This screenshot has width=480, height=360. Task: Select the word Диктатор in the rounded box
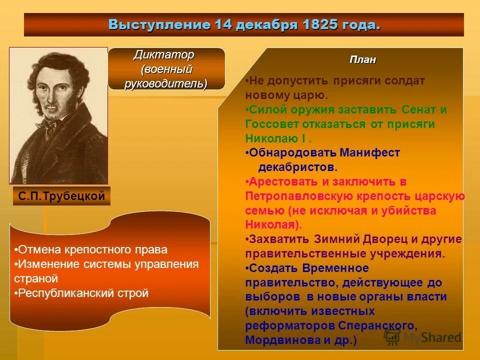click(x=163, y=54)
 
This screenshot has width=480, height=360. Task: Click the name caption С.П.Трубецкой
click(x=61, y=196)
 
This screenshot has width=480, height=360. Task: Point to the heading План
click(x=362, y=60)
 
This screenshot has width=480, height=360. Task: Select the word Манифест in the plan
click(x=370, y=153)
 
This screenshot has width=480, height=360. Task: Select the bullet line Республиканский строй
click(x=81, y=293)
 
